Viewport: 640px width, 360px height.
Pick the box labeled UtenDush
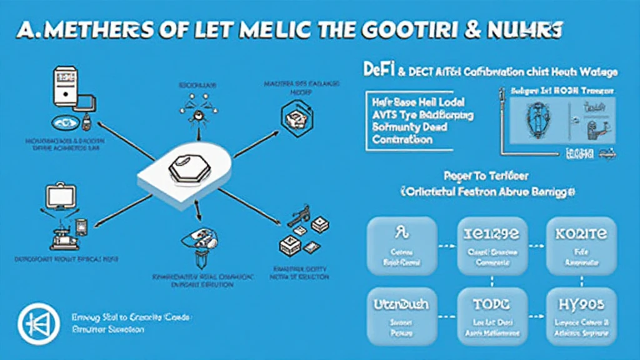coord(401,316)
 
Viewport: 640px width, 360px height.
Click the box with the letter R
coord(401,246)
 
